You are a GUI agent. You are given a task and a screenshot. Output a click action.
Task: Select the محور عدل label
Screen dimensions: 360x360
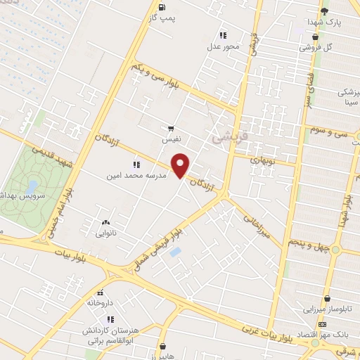pos(223,46)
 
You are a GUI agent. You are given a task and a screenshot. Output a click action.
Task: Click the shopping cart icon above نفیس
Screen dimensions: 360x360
pos(170,129)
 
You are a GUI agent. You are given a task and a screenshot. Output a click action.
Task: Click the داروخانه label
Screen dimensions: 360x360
pos(101,303)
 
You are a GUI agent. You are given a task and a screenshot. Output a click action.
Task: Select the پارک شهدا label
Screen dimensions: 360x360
pos(324,22)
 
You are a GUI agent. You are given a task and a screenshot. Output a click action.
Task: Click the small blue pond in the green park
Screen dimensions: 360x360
pos(32,186)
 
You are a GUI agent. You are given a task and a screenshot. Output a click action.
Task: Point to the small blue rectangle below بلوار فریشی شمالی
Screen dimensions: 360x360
pos(176,252)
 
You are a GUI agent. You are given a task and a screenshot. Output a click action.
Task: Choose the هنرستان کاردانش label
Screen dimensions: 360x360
pos(86,329)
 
